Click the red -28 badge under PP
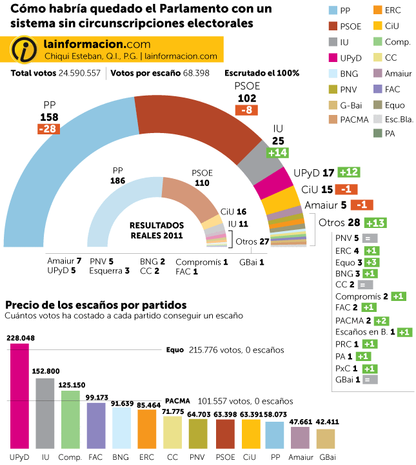pos(50,129)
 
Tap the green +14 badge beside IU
pos(278,152)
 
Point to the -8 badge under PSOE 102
pos(246,110)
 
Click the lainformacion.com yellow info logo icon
pos(23,50)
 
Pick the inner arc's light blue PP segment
pos(113,207)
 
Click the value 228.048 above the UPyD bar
pos(20,338)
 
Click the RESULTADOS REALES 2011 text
pos(157,231)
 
